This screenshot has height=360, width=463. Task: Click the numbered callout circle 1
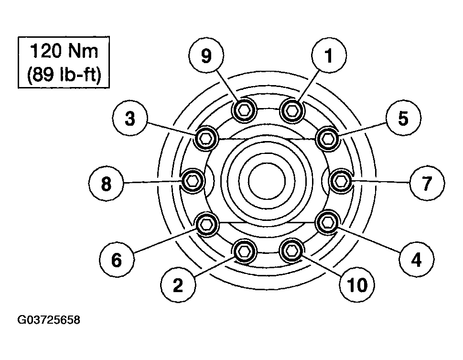coord(329,55)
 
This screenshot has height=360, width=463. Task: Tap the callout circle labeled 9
coord(206,55)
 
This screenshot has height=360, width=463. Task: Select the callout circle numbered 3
coord(129,119)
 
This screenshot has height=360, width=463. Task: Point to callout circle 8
coord(106,183)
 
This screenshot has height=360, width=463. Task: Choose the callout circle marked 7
coord(427,183)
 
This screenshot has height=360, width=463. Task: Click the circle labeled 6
coord(117,260)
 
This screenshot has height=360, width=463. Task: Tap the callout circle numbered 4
coord(416,259)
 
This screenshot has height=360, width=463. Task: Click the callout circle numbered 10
coord(357,284)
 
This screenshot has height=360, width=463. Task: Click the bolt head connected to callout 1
coord(292,110)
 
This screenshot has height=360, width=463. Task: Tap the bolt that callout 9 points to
coord(244,110)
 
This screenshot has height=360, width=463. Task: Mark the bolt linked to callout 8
coord(193,181)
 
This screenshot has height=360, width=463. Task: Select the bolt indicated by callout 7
coord(341,181)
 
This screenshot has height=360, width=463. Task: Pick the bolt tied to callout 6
coord(206,224)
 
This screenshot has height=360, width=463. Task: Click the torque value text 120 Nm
coord(64,51)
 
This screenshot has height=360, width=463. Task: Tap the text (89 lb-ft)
coord(64,74)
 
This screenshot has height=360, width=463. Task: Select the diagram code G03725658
coord(49,320)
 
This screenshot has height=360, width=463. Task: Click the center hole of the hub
coord(267,181)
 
